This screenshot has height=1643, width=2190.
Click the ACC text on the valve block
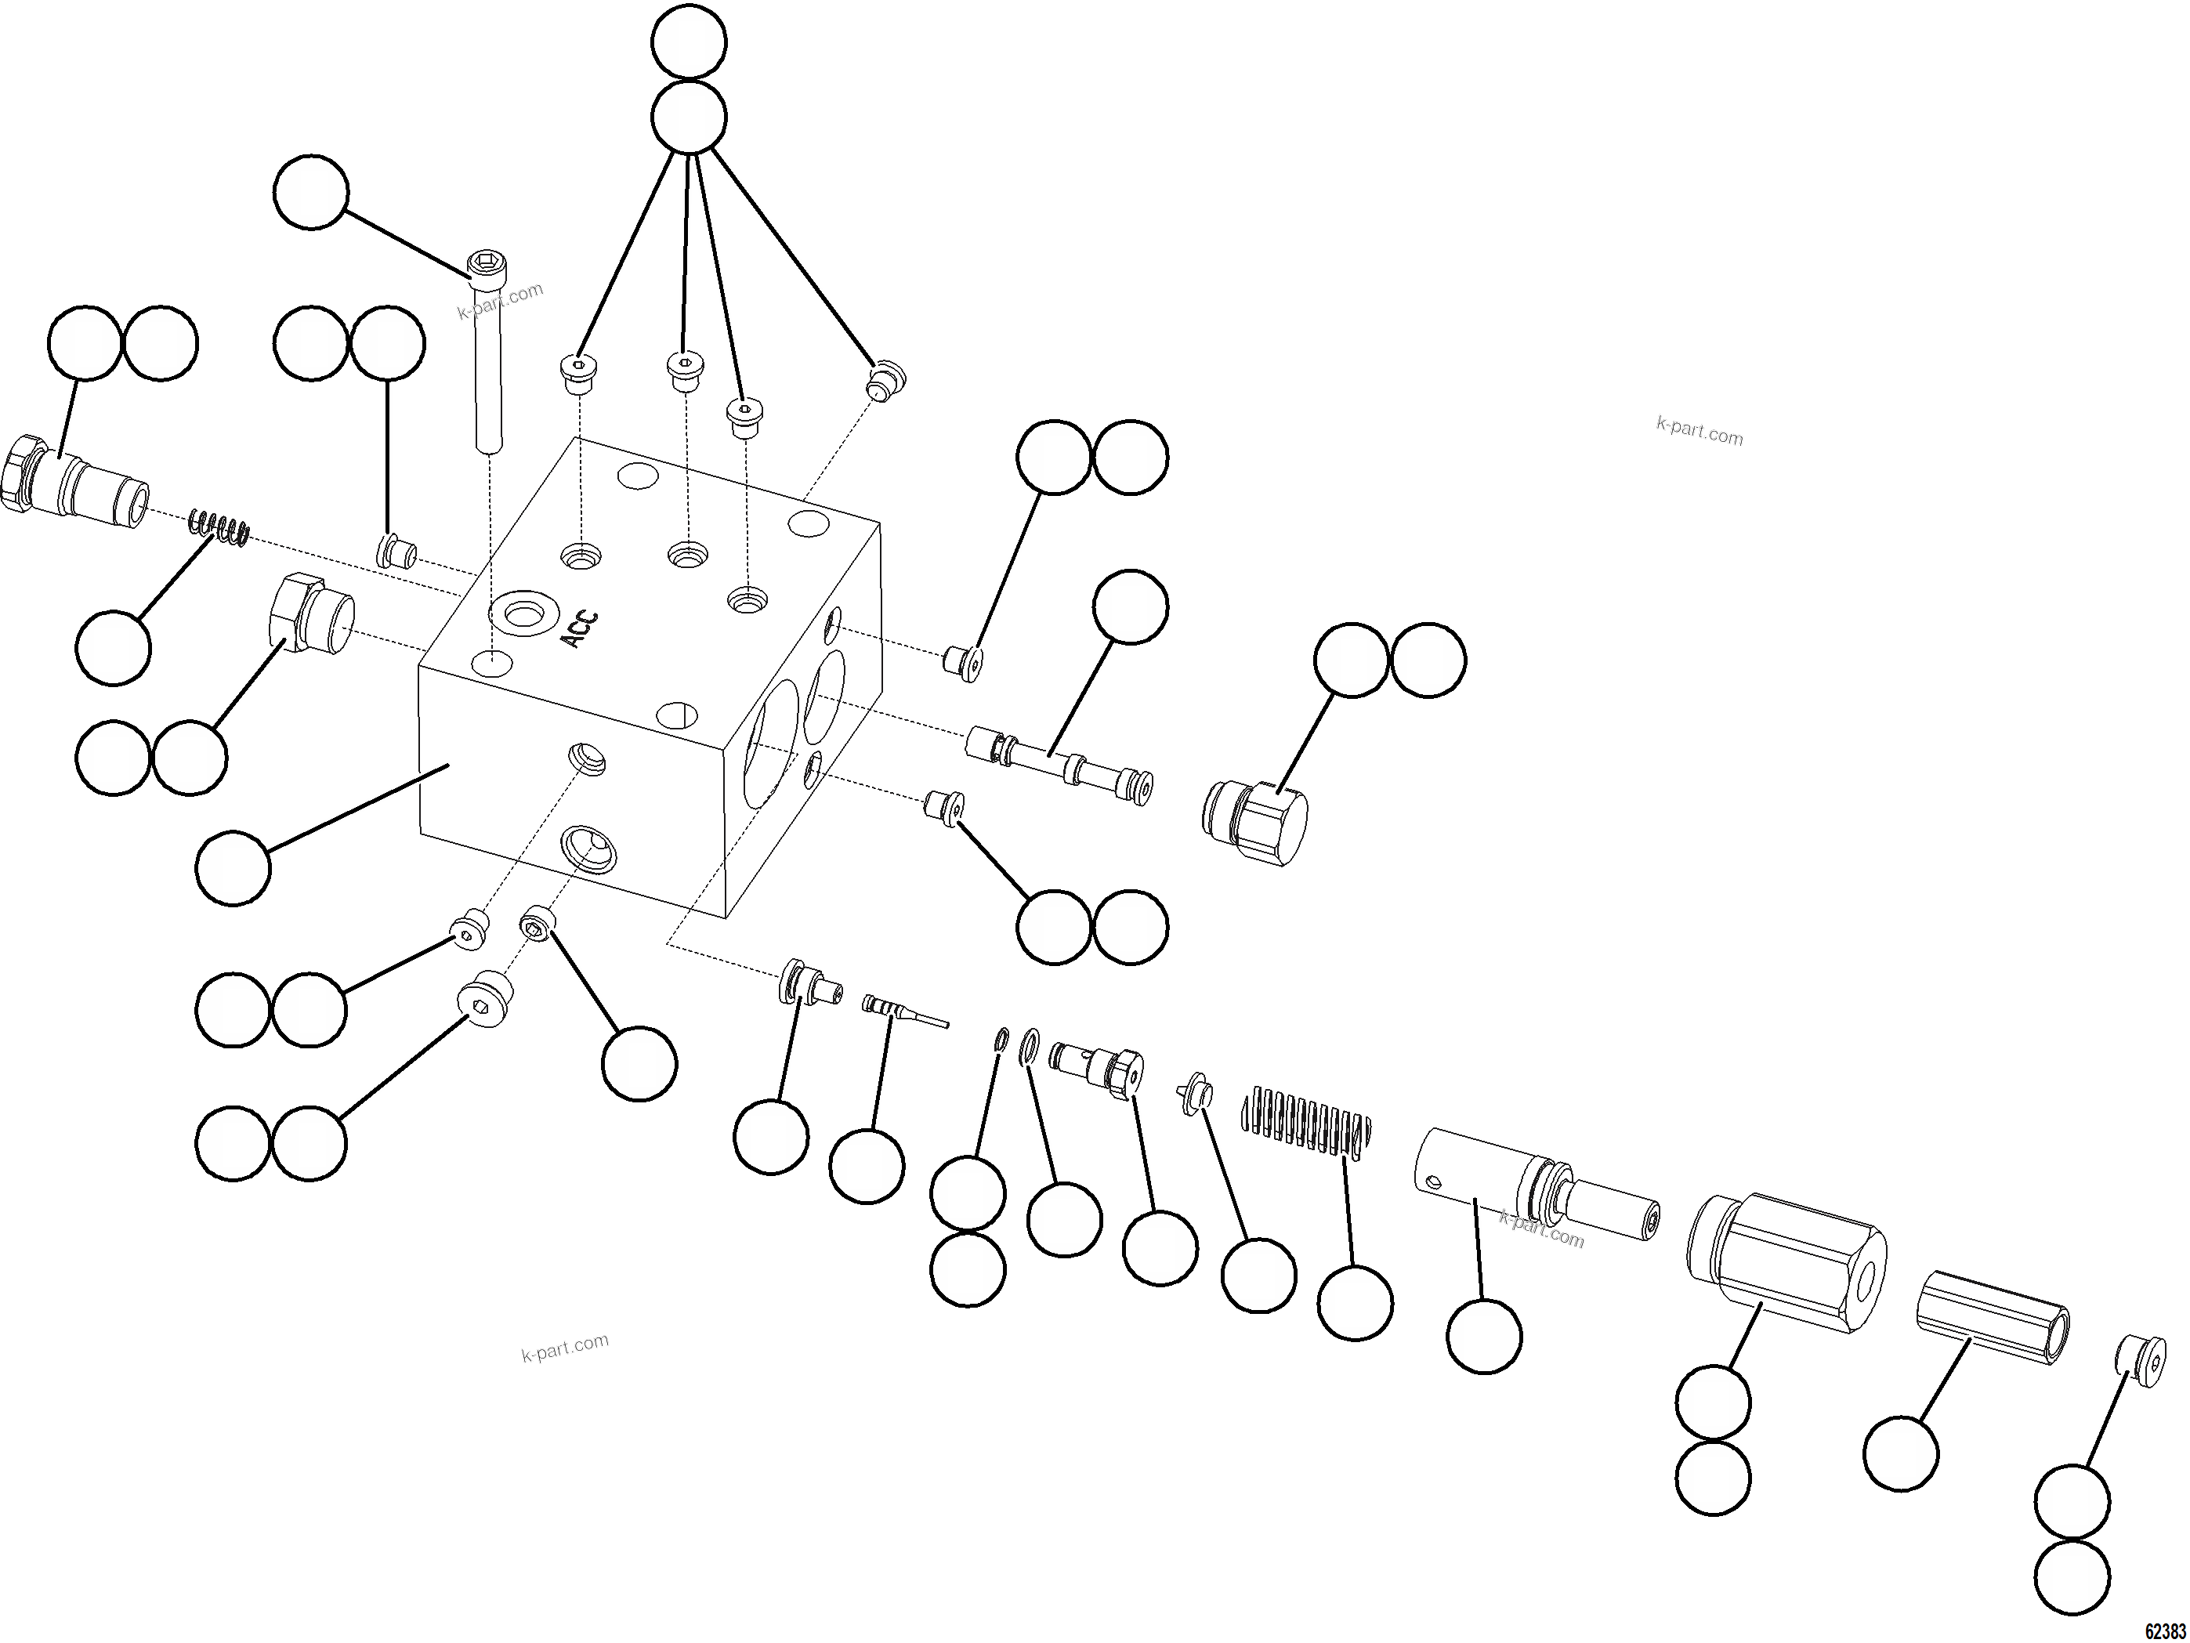click(x=580, y=629)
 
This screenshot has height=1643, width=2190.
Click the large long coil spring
click(x=1307, y=1121)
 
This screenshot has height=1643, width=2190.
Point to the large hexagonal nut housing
click(x=1786, y=1262)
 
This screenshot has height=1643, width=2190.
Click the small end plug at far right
click(x=2141, y=1361)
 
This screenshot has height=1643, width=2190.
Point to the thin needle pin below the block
click(x=903, y=1011)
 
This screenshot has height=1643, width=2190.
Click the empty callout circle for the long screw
click(x=311, y=192)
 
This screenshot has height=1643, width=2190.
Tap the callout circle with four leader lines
click(x=689, y=118)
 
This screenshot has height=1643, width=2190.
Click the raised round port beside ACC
click(x=523, y=613)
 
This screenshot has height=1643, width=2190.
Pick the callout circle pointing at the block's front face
click(x=233, y=868)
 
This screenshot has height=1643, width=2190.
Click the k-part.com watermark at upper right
click(x=1699, y=432)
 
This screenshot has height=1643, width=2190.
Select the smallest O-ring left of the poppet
click(x=1000, y=1038)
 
